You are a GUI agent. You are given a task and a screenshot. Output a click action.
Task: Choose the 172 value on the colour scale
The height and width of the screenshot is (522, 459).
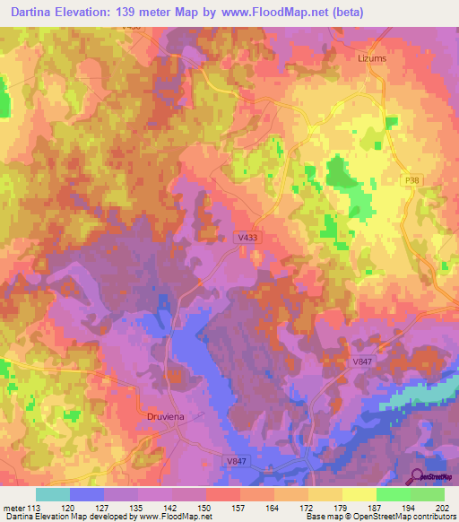click(307, 507)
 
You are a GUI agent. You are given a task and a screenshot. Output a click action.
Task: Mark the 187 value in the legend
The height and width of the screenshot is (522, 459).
click(376, 507)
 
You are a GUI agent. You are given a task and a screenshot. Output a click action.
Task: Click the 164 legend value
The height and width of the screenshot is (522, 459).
click(273, 507)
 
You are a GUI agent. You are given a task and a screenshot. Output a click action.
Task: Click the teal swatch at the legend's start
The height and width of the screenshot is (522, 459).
click(52, 494)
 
